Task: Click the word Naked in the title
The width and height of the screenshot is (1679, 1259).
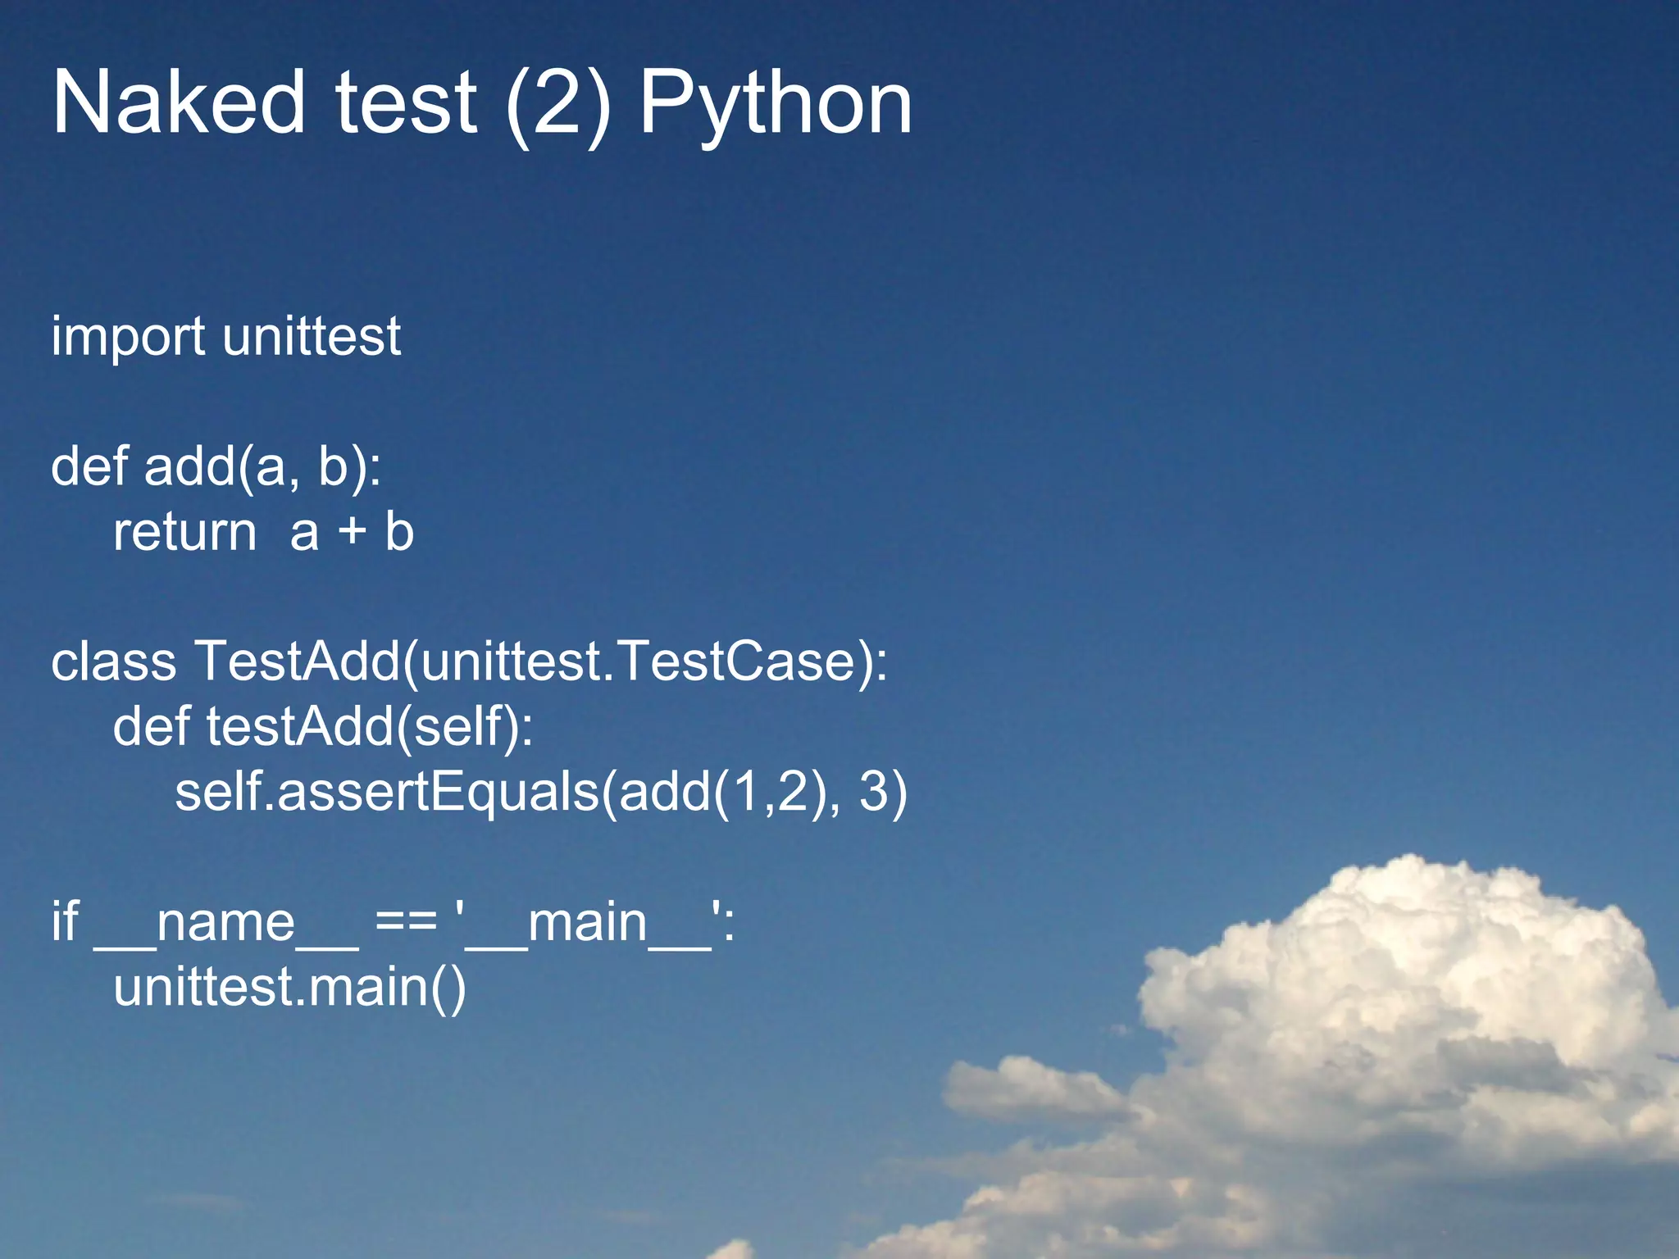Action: [x=178, y=103]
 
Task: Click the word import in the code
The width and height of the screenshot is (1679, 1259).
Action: [x=128, y=338]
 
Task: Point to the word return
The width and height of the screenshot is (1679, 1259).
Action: [x=185, y=533]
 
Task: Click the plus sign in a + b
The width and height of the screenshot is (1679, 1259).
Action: [x=353, y=533]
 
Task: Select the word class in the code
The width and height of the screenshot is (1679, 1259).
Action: [x=113, y=661]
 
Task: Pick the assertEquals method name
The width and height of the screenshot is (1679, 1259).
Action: [x=439, y=793]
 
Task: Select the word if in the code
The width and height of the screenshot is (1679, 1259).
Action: [x=65, y=921]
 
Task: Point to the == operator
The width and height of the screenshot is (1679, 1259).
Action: [x=406, y=923]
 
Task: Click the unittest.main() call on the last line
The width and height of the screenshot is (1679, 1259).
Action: [x=289, y=987]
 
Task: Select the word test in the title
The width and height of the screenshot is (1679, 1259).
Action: [x=406, y=103]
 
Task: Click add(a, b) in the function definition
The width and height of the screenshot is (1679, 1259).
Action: [x=262, y=467]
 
